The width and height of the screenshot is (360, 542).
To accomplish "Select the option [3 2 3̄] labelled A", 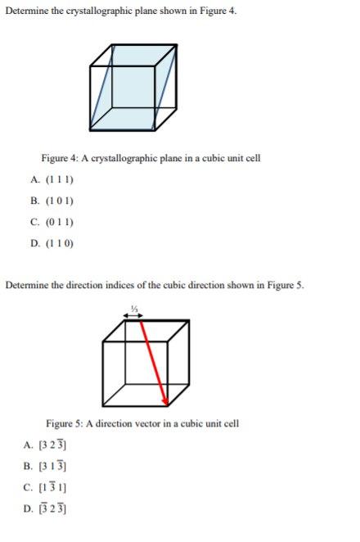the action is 47,445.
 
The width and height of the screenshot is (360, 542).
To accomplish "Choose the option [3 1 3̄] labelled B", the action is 47,467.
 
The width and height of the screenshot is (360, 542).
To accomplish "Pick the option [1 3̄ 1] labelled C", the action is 47,488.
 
